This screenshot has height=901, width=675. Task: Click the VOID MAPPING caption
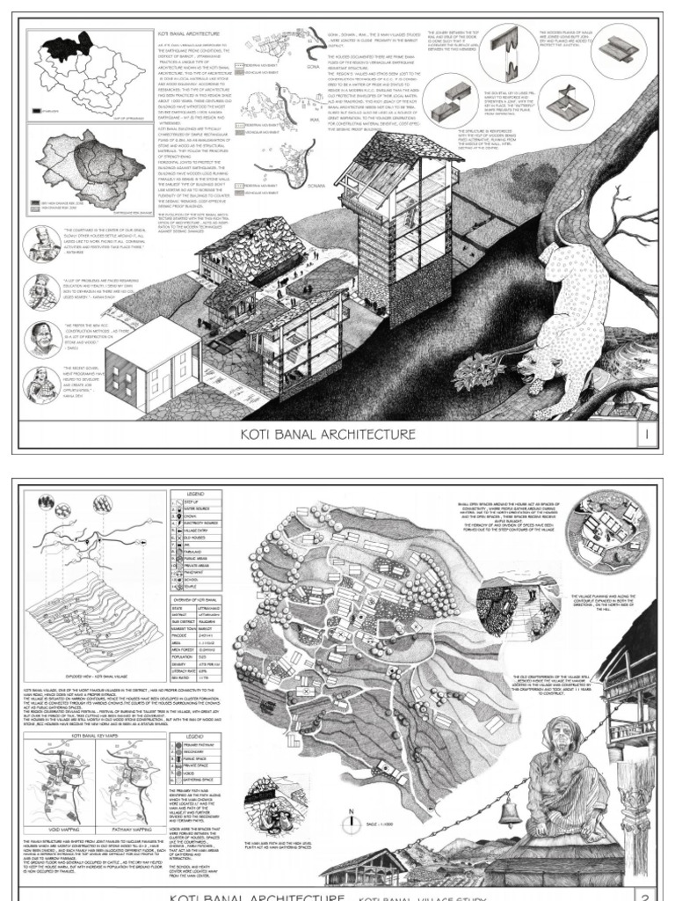point(54,825)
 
